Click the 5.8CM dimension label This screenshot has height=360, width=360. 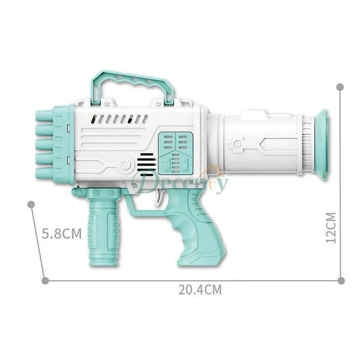61,233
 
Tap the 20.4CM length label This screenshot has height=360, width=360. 200,290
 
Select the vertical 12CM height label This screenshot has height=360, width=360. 331,226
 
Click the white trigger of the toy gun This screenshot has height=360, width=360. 160,199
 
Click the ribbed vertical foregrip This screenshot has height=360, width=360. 103,231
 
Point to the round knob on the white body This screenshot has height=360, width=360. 125,164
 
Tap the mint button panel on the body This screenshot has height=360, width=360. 173,150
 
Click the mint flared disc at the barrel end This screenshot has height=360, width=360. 322,144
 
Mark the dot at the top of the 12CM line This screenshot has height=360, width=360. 340,87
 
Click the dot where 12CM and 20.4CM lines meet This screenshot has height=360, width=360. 341,280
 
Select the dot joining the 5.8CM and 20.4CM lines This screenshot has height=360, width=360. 44,280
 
